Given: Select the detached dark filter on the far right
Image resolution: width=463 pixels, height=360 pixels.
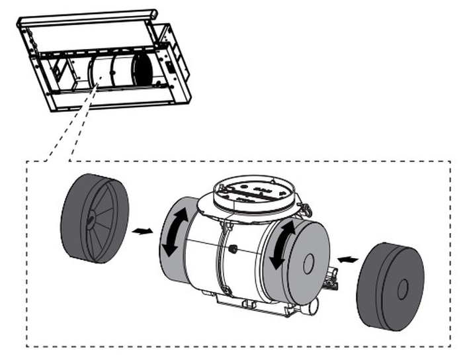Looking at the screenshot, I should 390,285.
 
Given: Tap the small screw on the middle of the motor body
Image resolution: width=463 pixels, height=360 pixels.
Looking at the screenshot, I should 235,249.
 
